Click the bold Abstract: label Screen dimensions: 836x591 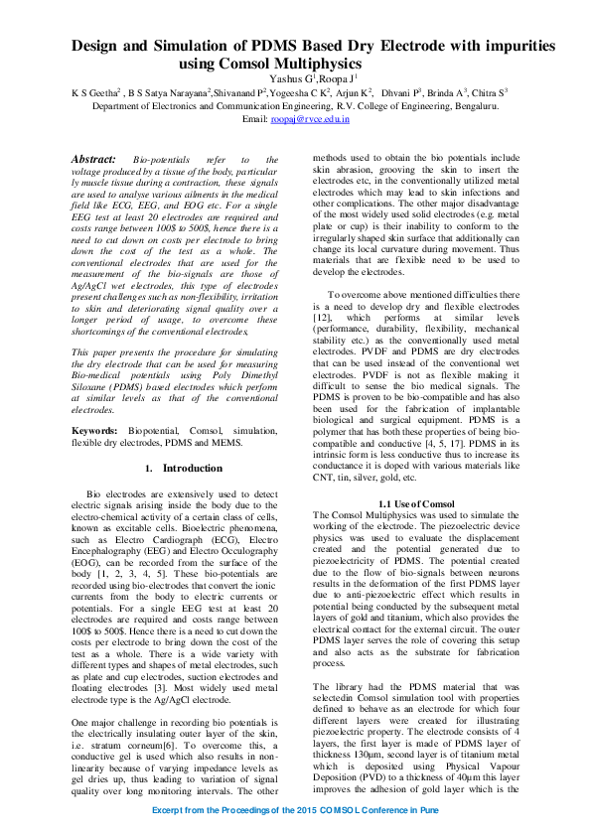coord(95,159)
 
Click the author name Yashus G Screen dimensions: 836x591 coord(291,78)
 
